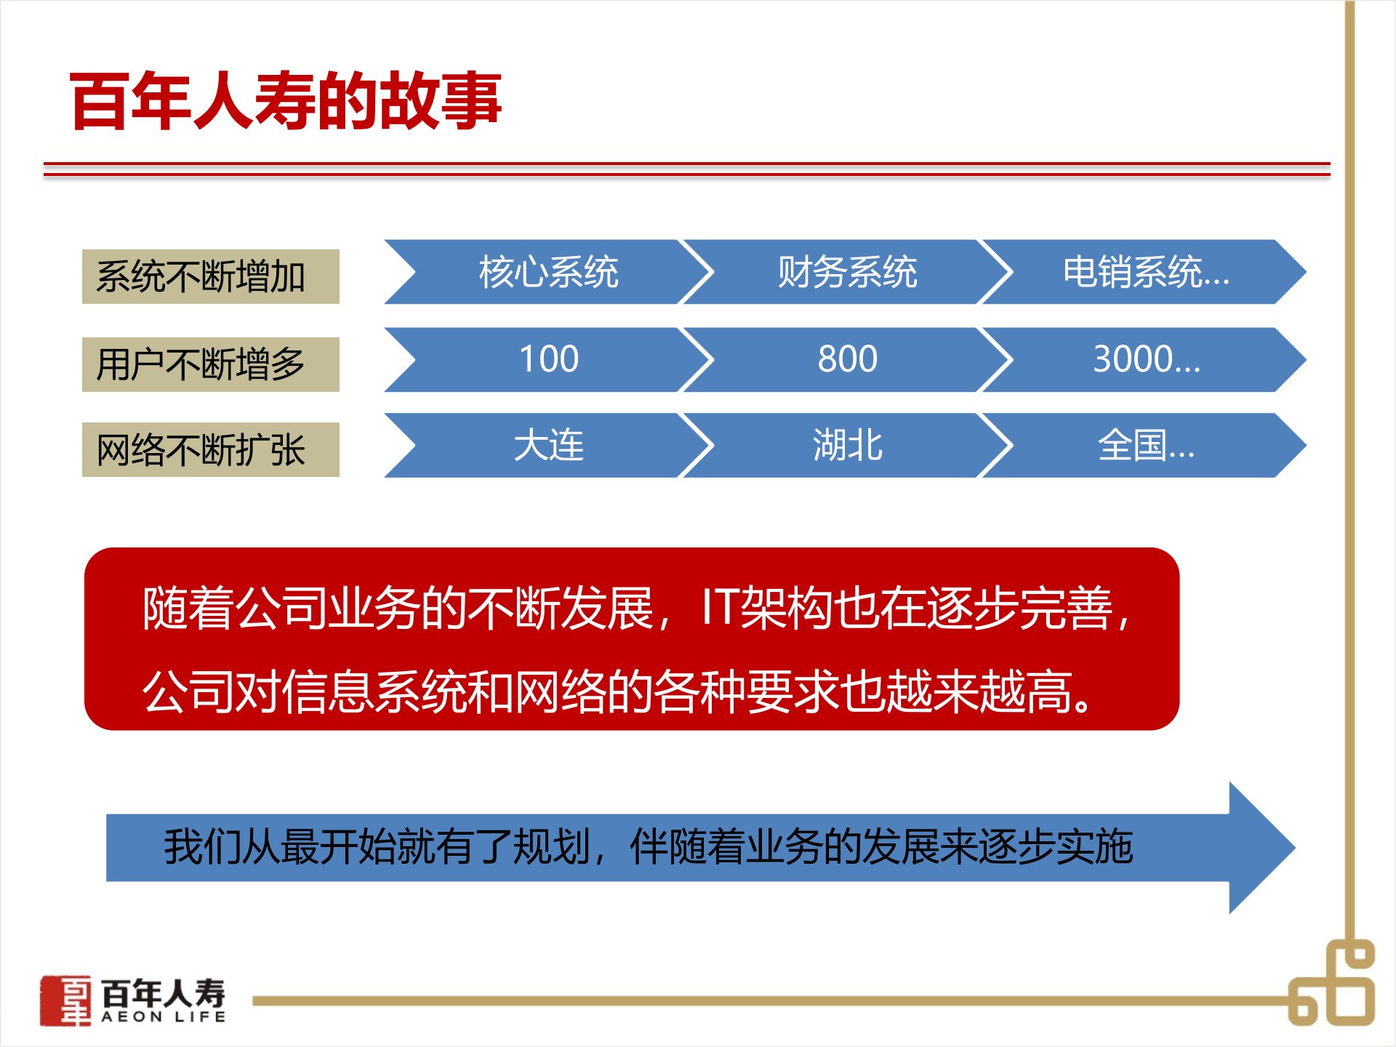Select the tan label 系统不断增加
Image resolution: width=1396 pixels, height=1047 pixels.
(210, 276)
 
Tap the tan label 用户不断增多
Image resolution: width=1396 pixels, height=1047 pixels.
(210, 364)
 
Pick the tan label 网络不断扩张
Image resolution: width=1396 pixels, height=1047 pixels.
(210, 449)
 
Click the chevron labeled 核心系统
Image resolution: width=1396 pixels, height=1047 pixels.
(548, 272)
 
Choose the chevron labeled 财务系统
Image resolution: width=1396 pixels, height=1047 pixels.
(847, 272)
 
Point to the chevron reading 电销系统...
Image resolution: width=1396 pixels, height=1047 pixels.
(1145, 272)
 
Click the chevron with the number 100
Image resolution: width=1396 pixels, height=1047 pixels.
(548, 359)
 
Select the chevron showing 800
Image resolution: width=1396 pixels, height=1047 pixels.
(847, 359)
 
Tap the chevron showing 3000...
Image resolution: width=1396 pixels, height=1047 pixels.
(1145, 359)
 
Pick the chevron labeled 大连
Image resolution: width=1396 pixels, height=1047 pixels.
(548, 445)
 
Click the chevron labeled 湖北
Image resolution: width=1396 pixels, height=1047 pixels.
(847, 445)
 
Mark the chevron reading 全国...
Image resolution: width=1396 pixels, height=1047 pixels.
(1145, 445)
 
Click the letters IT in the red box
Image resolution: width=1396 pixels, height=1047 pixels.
(720, 608)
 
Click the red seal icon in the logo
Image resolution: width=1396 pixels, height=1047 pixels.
(66, 1000)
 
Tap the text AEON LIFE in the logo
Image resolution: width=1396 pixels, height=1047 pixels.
(164, 1017)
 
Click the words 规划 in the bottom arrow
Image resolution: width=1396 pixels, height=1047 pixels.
(550, 846)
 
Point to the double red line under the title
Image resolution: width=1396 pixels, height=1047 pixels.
(686, 169)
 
